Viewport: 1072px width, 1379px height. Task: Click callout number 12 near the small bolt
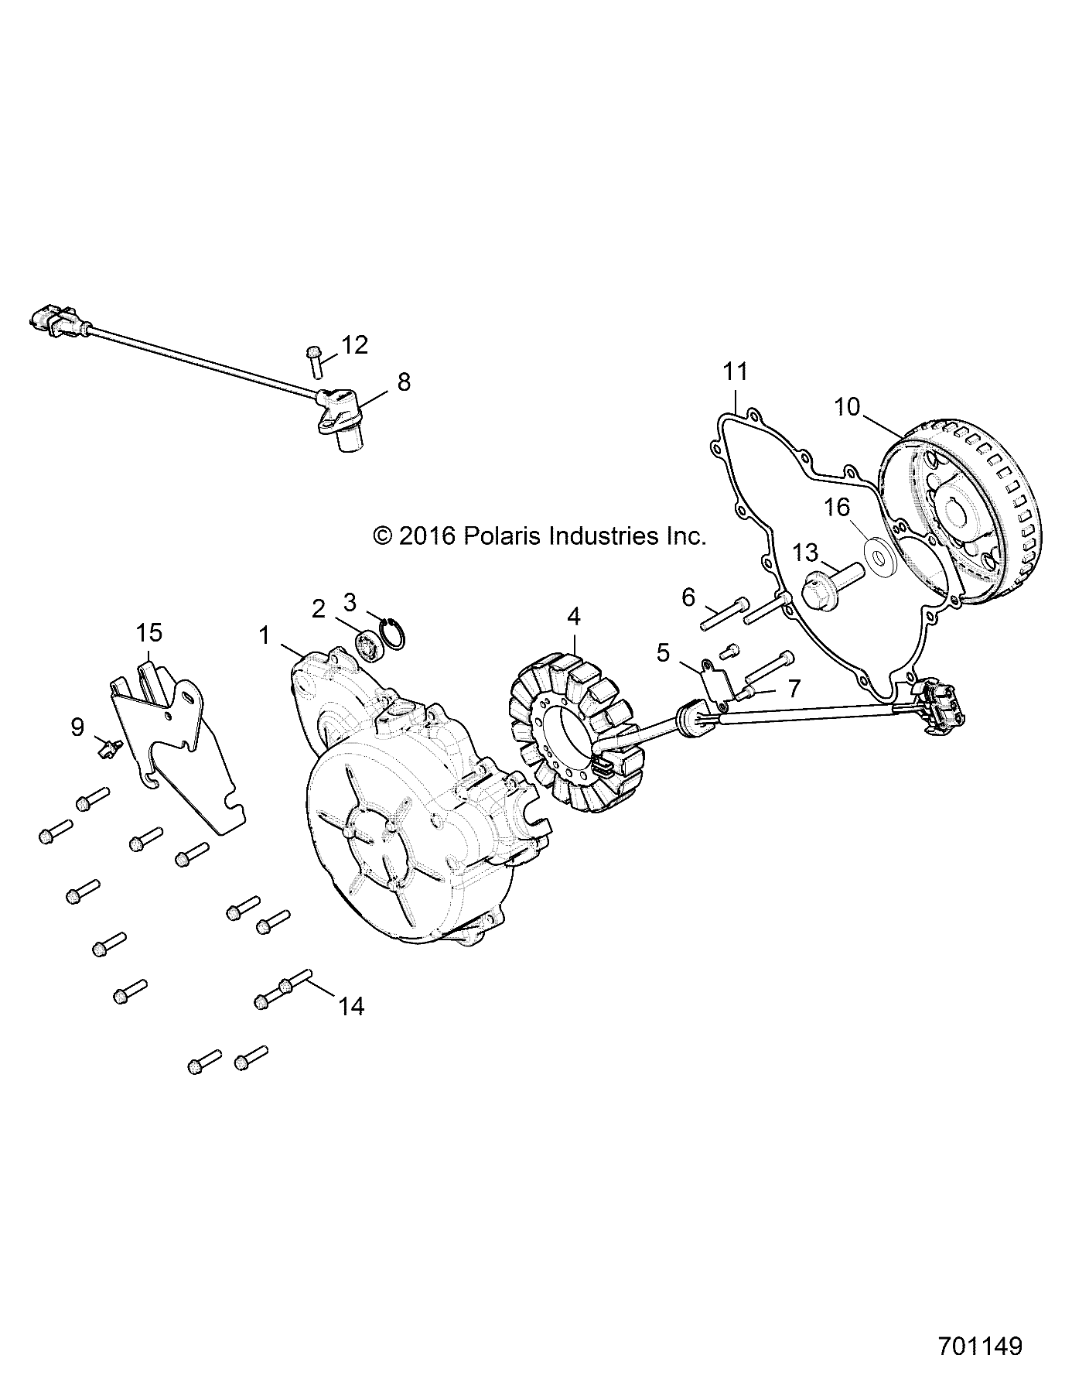355,345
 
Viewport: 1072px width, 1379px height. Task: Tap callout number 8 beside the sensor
404,382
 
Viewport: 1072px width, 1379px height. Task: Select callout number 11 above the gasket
736,372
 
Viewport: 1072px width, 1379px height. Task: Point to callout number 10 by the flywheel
847,406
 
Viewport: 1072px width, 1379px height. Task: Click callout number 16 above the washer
837,508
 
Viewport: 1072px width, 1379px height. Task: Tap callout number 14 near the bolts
350,1006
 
